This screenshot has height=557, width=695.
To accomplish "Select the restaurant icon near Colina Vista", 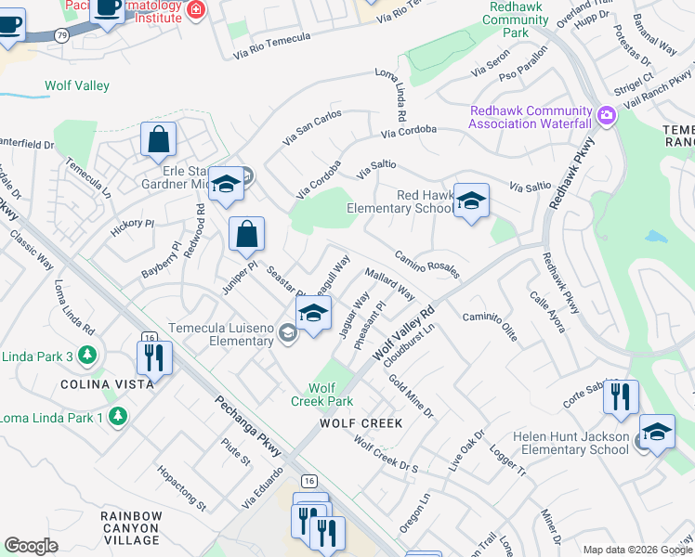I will [154, 357].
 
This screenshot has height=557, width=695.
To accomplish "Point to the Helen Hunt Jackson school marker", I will [657, 432].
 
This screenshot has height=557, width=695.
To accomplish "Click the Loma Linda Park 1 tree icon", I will [117, 417].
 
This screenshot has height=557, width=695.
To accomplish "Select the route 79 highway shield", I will [61, 34].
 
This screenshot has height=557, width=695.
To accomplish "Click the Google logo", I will [32, 546].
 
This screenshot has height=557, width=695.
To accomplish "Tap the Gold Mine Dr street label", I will [412, 396].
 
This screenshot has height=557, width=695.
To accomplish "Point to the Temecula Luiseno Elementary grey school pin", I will [288, 334].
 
